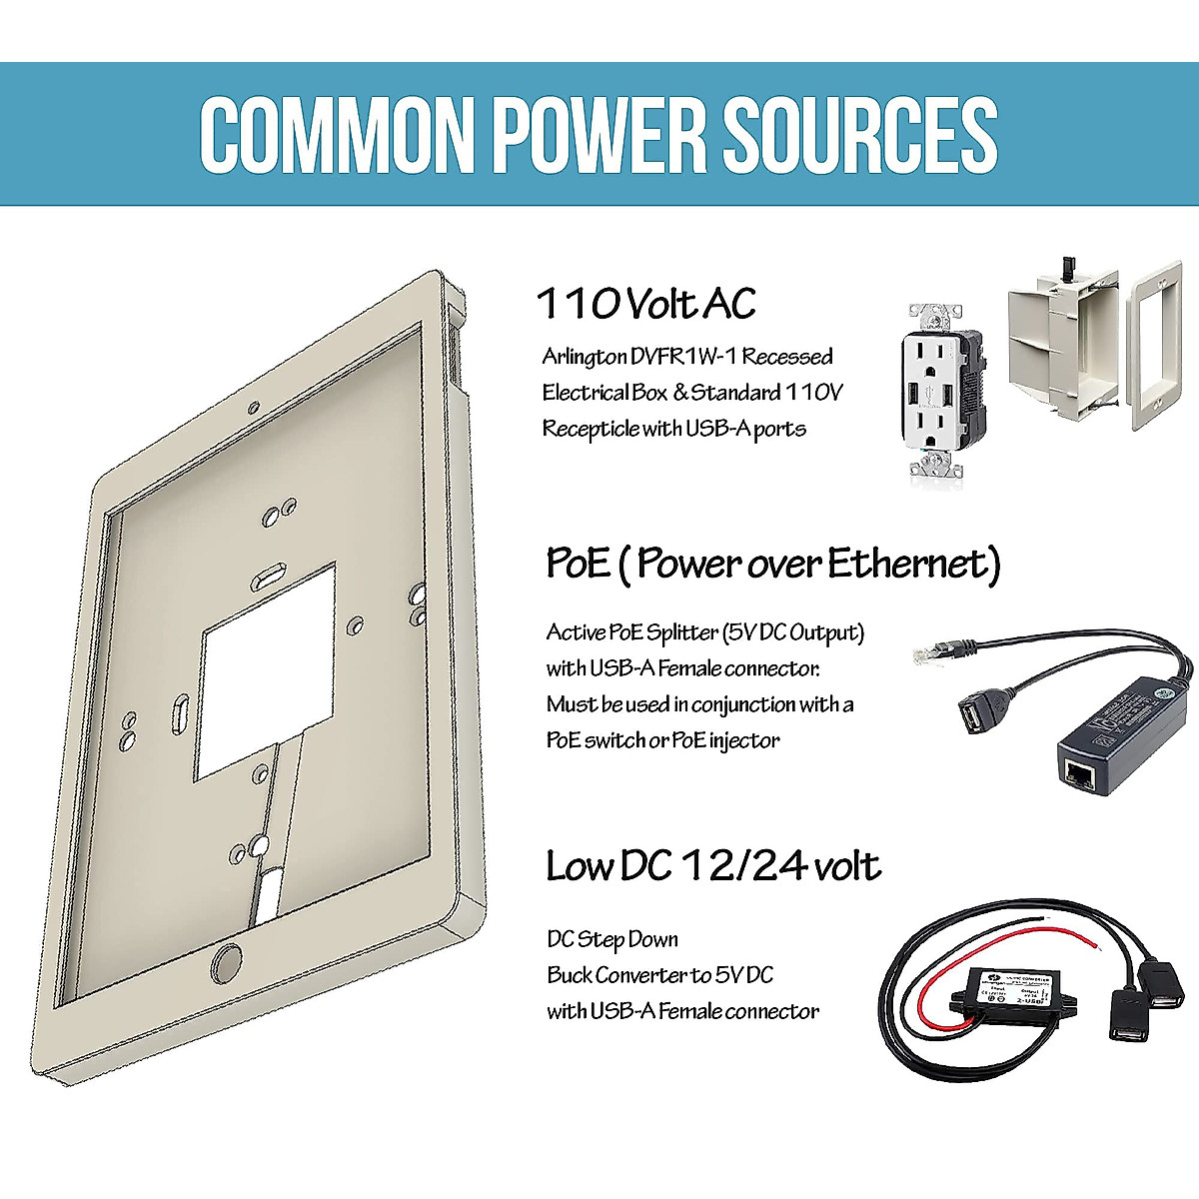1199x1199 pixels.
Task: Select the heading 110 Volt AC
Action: pos(645,304)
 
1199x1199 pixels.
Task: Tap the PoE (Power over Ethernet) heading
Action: pos(772,564)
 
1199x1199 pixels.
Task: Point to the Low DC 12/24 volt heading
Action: pos(712,865)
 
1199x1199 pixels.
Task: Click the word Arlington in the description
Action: pos(585,357)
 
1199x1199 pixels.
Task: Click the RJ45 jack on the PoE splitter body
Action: pos(1080,771)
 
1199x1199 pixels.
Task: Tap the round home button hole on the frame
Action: pos(227,962)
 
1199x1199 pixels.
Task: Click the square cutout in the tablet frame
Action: pos(269,671)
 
